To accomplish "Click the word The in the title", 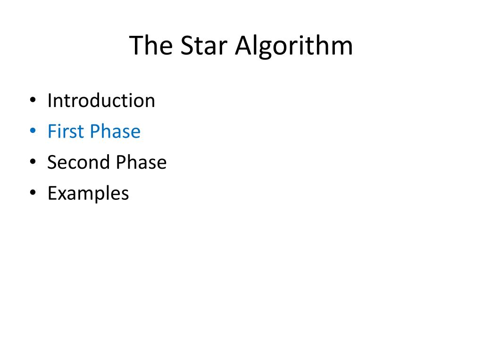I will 150,46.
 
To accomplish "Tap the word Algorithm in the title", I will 294,46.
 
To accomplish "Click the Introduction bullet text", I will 101,100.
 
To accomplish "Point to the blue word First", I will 66,132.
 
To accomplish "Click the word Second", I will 78,163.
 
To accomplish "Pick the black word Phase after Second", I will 142,163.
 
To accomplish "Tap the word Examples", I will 88,193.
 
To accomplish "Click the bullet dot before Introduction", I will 32,101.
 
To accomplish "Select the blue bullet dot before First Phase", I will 32,132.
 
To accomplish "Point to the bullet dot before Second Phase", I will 32,163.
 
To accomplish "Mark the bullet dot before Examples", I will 32,194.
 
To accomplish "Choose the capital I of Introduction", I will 50,100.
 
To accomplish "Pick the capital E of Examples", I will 51,193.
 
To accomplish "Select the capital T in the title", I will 136,46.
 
